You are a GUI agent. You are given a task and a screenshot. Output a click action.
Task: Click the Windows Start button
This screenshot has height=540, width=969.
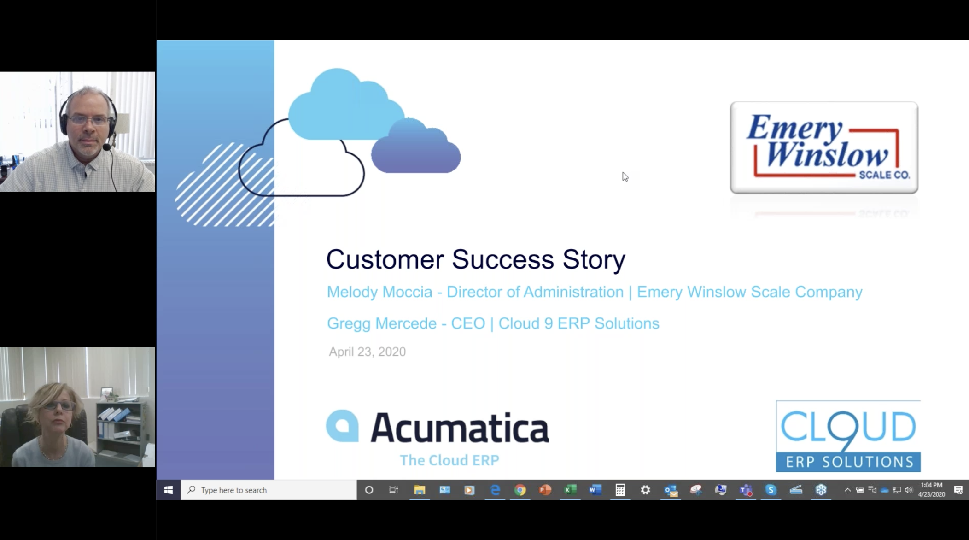pos(169,490)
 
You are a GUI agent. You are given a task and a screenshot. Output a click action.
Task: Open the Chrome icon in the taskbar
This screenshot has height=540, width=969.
pos(520,490)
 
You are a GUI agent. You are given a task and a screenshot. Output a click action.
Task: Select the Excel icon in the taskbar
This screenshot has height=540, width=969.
pos(570,490)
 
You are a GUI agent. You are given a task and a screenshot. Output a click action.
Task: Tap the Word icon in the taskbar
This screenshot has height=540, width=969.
pos(595,490)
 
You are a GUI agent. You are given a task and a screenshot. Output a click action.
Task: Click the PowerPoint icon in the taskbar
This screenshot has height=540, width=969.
pos(545,490)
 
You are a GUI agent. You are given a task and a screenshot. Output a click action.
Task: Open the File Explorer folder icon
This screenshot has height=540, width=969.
pos(419,490)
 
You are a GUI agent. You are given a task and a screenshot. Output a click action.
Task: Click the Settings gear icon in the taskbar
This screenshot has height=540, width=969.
pos(645,490)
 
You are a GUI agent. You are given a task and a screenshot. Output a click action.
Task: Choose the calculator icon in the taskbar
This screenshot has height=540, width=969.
pos(620,490)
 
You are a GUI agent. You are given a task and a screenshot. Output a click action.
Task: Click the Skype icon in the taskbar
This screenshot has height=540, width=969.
pos(771,490)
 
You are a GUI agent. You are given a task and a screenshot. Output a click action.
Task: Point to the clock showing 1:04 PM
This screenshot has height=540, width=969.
pos(931,485)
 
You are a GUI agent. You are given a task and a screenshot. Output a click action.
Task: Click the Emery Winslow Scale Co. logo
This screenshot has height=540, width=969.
pos(824,147)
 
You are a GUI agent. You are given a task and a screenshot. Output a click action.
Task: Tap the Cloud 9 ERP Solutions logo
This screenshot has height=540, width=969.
pos(848,436)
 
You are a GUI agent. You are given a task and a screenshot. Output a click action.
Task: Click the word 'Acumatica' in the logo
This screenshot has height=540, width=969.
pos(460,428)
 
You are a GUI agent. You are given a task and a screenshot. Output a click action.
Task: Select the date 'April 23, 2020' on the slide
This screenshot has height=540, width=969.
pos(367,352)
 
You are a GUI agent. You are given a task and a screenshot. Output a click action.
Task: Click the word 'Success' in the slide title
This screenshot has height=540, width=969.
pos(502,259)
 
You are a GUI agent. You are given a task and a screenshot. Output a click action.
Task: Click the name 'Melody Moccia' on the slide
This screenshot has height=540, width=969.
pos(379,292)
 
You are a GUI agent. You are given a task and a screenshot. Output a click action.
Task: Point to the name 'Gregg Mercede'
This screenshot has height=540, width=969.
pos(382,323)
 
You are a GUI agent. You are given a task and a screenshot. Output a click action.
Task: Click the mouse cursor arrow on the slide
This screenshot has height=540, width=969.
pos(625,176)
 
